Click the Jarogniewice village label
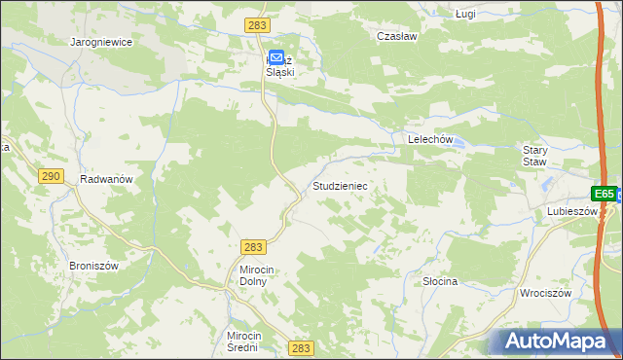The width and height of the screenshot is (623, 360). click(x=101, y=43)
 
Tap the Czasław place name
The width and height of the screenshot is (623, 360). click(x=397, y=35)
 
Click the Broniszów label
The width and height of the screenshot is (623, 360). click(x=93, y=266)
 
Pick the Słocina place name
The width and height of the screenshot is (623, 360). click(x=440, y=281)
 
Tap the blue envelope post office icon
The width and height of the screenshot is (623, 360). click(x=276, y=58)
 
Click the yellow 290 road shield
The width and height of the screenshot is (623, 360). click(x=52, y=176)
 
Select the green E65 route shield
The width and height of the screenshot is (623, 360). click(x=605, y=194)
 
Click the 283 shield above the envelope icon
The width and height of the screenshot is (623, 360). click(x=258, y=23)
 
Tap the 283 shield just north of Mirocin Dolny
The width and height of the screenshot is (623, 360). click(x=253, y=247)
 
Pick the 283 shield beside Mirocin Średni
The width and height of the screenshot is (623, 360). click(x=301, y=347)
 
